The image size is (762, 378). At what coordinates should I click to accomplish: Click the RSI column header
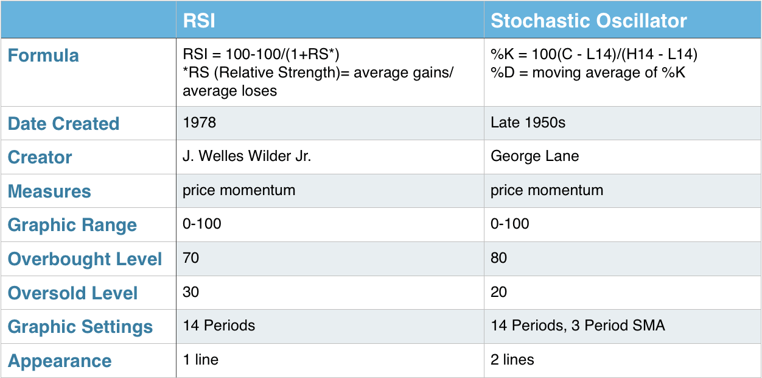pos(199,21)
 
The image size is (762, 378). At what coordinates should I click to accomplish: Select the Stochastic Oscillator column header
pos(589,21)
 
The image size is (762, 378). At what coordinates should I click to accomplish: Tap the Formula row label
pos(43,55)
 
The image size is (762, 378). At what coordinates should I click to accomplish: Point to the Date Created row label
pos(64,123)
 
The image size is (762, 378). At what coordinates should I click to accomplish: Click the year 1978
pos(200,123)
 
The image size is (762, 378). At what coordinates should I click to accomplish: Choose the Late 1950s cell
pos(528,123)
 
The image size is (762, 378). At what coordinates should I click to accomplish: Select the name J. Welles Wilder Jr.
pos(247,156)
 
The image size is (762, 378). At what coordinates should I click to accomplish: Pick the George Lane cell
pos(535,156)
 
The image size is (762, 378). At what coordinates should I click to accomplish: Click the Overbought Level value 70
pos(191,258)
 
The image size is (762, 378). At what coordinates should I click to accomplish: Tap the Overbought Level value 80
pos(498,258)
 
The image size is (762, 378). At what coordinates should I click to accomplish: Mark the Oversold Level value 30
pos(191,292)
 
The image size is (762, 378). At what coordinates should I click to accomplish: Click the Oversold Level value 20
pos(498,292)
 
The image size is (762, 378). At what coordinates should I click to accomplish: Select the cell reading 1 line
pos(201,360)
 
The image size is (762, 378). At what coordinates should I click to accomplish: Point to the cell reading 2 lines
pos(512,360)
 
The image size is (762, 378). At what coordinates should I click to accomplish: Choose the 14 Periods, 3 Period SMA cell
pos(578,325)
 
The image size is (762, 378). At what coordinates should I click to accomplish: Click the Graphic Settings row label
pos(80,327)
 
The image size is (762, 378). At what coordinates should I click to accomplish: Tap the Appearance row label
pos(60,361)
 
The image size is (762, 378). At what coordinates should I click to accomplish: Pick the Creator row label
pos(40,157)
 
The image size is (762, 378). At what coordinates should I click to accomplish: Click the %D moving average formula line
pos(588,73)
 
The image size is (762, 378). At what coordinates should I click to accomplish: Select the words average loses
pos(230,91)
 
